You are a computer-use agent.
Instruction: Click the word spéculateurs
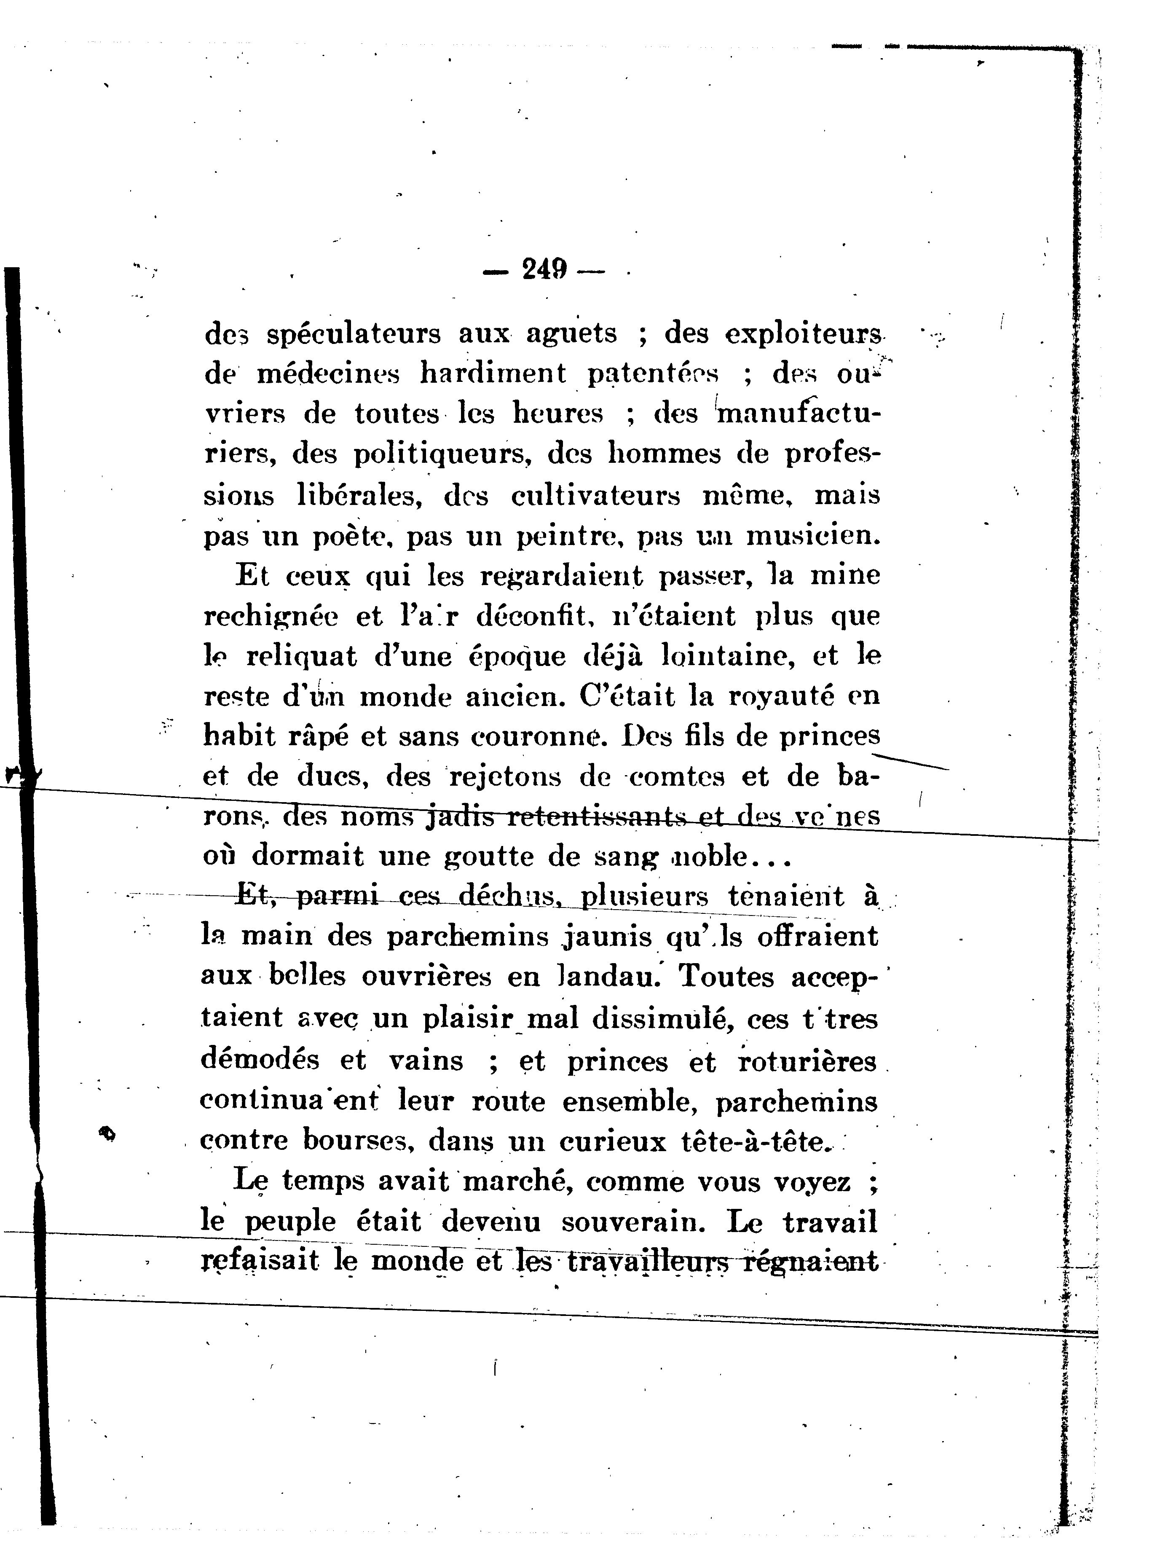pyautogui.click(x=354, y=333)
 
